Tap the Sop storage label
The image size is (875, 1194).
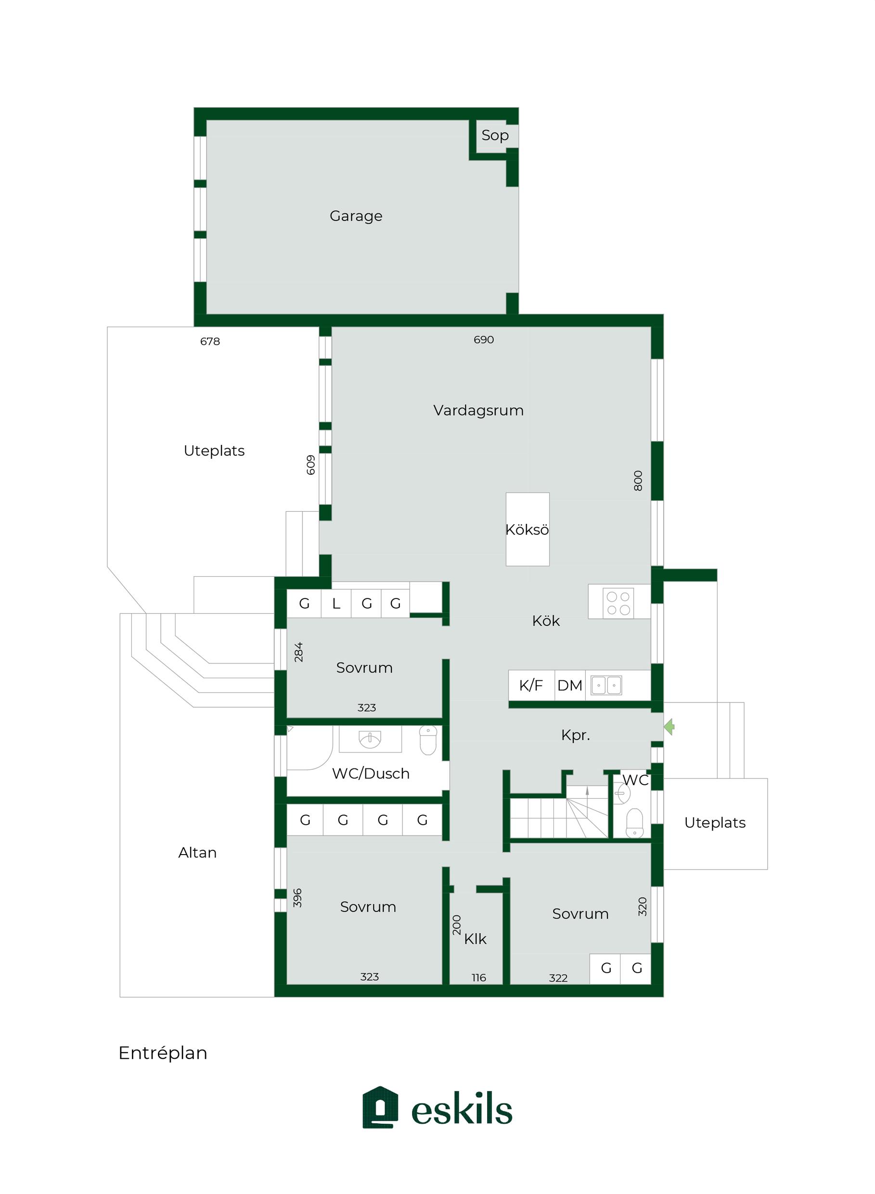pyautogui.click(x=495, y=136)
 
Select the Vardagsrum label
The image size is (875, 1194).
pyautogui.click(x=478, y=410)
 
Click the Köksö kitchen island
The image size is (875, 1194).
pyautogui.click(x=527, y=529)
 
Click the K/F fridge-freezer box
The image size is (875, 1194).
pyautogui.click(x=531, y=686)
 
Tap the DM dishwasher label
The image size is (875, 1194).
pyautogui.click(x=570, y=686)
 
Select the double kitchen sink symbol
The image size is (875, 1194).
pyautogui.click(x=606, y=685)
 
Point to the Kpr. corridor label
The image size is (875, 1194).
pyautogui.click(x=575, y=735)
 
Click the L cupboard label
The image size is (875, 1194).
pyautogui.click(x=336, y=603)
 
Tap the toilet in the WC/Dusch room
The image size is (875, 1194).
pyautogui.click(x=427, y=740)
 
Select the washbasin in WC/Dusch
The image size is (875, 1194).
pyautogui.click(x=370, y=739)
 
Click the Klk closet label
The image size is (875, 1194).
pyautogui.click(x=475, y=939)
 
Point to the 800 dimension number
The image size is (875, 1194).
pyautogui.click(x=638, y=480)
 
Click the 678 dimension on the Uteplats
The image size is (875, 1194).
pyautogui.click(x=210, y=342)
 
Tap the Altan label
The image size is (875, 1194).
pyautogui.click(x=197, y=852)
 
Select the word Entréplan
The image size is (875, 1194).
pyautogui.click(x=163, y=1053)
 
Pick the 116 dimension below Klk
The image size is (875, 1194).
pyautogui.click(x=479, y=978)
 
